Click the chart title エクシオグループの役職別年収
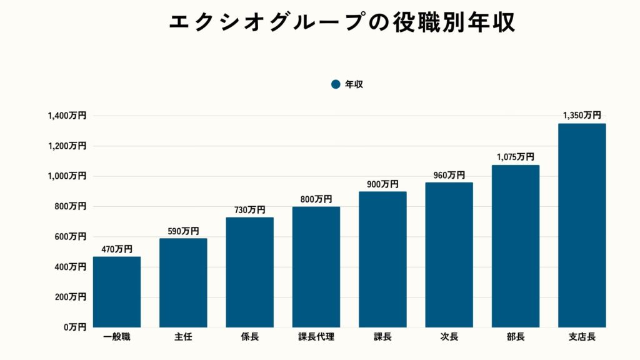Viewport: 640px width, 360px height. pos(342,22)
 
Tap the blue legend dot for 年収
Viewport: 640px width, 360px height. pos(336,84)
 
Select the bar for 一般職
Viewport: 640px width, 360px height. pos(117,292)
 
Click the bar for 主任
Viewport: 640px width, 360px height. pos(183,282)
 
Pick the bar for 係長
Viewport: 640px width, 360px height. pos(249,272)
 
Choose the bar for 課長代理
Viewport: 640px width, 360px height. pos(316,267)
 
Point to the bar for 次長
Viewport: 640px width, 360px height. pos(449,254)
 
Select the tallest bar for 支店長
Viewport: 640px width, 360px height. pos(582,225)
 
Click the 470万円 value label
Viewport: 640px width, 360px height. pos(116,249)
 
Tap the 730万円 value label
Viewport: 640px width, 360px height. pos(249,210)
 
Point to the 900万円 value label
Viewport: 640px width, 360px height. pos(382,184)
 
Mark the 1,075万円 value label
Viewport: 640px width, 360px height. pos(516,157)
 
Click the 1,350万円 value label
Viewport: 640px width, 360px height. pos(582,116)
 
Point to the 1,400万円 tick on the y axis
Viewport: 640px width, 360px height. pos(67,116)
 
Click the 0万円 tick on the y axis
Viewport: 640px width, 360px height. pos(74,327)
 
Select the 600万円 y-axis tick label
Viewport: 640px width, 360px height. pos(70,236)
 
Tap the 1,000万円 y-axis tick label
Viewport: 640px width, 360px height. pos(67,176)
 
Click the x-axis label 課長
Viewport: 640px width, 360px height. pos(382,337)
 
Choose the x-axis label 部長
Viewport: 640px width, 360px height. pos(516,337)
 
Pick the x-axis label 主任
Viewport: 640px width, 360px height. pos(183,337)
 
